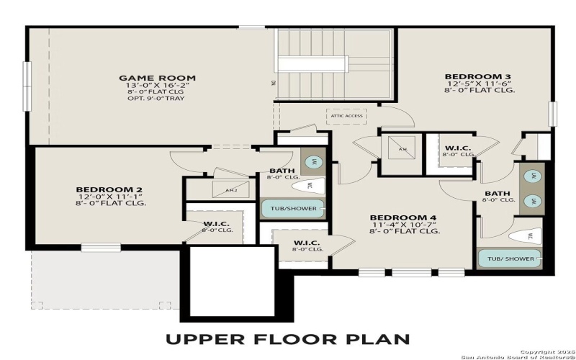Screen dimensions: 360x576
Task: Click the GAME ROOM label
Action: click(x=157, y=78)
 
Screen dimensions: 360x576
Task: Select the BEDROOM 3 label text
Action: click(x=477, y=76)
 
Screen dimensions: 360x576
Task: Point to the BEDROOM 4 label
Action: click(x=403, y=217)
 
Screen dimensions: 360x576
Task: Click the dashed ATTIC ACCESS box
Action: click(x=346, y=115)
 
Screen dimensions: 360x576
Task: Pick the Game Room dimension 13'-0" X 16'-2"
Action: click(x=157, y=86)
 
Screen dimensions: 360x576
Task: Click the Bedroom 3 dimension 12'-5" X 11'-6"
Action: click(x=477, y=84)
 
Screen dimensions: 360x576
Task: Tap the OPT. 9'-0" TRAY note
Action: click(x=157, y=100)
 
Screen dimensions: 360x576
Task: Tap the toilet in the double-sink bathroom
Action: click(x=525, y=235)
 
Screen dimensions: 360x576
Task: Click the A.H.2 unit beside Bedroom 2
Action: click(x=231, y=190)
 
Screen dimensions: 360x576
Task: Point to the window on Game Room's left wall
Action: click(x=27, y=85)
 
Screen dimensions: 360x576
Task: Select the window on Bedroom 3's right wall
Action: click(x=553, y=114)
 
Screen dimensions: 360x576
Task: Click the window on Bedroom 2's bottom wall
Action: click(x=100, y=248)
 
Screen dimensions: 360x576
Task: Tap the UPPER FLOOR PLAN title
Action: click(x=288, y=338)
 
